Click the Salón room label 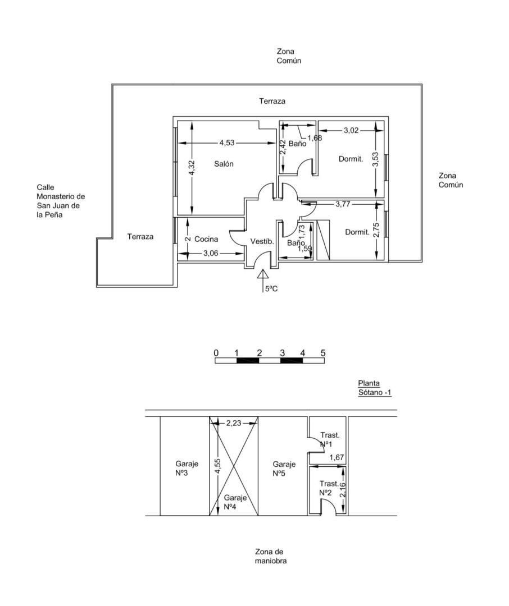224,164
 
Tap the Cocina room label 206,239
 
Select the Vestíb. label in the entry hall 262,242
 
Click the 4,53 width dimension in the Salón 227,143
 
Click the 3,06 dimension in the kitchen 211,254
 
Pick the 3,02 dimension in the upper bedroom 352,131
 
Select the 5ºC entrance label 272,290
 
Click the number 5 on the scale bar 323,353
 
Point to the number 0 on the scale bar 216,353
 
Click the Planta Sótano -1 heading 374,388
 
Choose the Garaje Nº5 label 284,469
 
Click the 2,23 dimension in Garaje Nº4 235,423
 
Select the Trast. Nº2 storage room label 329,488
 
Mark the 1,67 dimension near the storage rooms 337,458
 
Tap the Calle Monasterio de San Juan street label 60,201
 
